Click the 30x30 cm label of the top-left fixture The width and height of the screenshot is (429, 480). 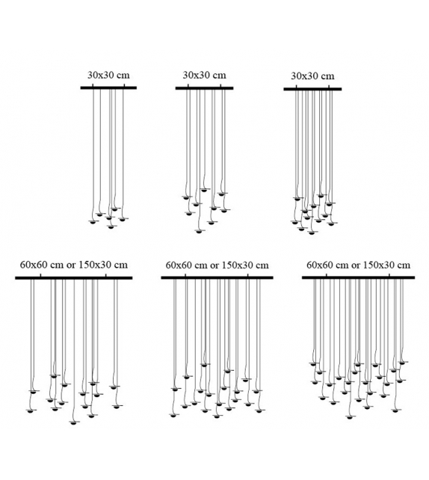[108, 75]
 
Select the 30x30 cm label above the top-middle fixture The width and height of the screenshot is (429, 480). [204, 75]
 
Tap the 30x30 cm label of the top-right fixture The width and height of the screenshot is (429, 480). [312, 76]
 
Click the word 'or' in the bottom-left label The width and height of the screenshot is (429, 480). [71, 265]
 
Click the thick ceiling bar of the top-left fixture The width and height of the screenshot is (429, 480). [108, 88]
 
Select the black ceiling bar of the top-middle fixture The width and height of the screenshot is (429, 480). [204, 88]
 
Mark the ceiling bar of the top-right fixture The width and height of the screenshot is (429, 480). [312, 89]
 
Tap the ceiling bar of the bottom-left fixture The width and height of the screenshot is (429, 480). [74, 278]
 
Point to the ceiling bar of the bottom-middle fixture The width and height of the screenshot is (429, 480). [217, 277]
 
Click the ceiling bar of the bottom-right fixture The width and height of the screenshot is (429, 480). [358, 277]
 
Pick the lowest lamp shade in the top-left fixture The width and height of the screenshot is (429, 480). [111, 227]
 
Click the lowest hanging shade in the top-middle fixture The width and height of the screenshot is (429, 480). [200, 231]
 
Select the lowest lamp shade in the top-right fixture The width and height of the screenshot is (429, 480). [312, 233]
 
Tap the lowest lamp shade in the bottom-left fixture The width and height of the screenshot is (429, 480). [72, 422]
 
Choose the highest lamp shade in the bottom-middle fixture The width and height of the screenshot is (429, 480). [204, 365]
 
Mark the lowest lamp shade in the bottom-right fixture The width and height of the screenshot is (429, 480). [350, 417]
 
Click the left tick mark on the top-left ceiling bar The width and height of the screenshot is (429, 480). [93, 85]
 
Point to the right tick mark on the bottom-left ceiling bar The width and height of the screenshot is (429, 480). [106, 275]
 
